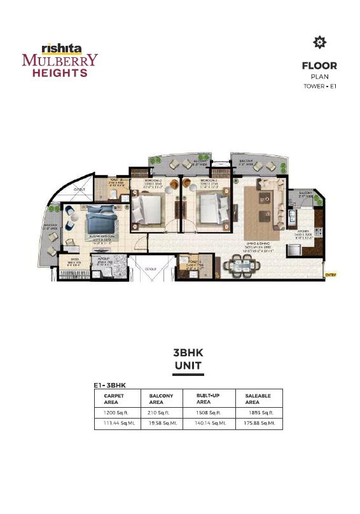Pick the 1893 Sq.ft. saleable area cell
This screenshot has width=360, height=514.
coord(258,412)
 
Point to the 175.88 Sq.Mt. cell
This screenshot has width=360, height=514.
coord(260,423)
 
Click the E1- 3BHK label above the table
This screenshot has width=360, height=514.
coord(110,385)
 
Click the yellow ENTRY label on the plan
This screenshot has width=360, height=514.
coord(330,275)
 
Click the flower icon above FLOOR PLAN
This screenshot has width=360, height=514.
coord(319,43)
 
